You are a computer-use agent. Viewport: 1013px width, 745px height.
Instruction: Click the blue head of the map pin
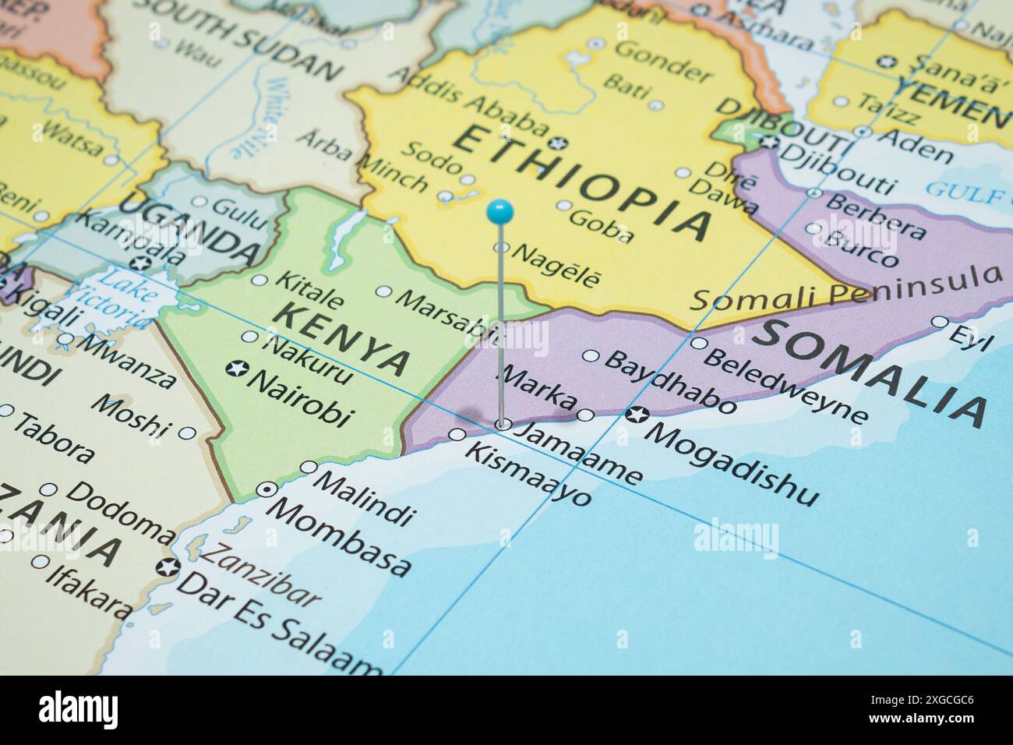[499, 210]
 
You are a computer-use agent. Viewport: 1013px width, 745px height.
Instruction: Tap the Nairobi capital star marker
[233, 368]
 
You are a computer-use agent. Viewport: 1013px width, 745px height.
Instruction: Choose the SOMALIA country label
[870, 370]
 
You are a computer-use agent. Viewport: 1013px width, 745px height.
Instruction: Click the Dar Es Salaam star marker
[166, 567]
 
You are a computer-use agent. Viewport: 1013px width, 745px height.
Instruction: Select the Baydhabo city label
[669, 382]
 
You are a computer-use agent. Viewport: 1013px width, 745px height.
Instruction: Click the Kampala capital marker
[140, 263]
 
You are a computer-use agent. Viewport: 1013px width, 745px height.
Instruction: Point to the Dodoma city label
[121, 510]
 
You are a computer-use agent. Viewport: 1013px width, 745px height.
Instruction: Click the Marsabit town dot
[384, 291]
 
